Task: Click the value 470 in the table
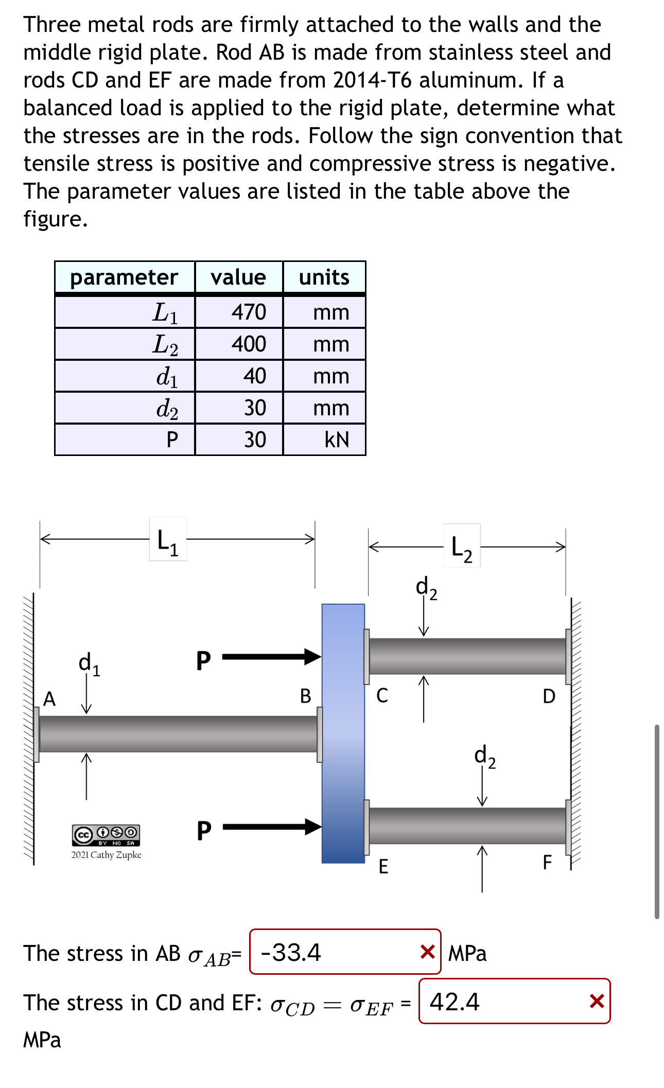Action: [x=249, y=312]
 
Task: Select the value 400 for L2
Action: [x=249, y=344]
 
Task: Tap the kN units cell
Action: [x=337, y=440]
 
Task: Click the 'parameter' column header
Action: [x=124, y=277]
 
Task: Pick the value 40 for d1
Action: [x=254, y=376]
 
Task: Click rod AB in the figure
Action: [x=178, y=733]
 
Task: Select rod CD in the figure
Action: [x=467, y=656]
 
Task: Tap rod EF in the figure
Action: [x=467, y=826]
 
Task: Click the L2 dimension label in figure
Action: [x=461, y=548]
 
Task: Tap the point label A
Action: [x=49, y=698]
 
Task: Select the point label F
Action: [x=547, y=862]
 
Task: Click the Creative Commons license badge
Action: [x=106, y=835]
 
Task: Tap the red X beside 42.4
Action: [x=597, y=1001]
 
